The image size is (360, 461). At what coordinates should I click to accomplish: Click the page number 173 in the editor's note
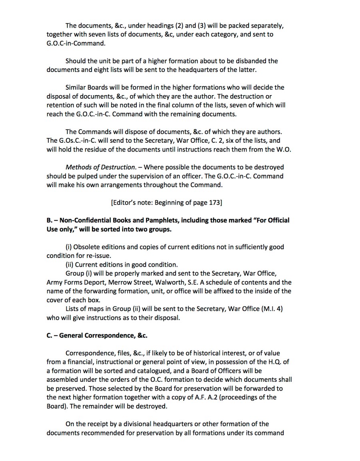[x=214, y=202]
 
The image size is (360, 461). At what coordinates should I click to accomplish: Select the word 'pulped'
[x=88, y=176]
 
